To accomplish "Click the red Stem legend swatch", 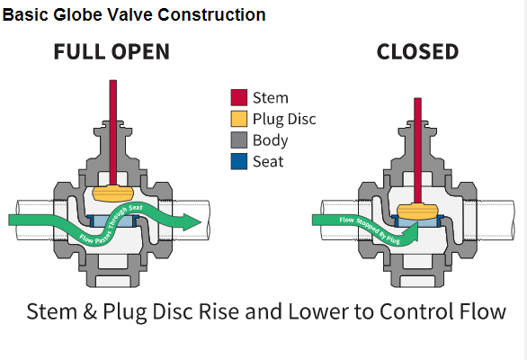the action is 239,97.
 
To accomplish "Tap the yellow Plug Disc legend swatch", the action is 239,119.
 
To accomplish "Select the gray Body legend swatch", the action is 239,140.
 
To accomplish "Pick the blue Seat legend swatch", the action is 239,161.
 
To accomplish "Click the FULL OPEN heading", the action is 112,52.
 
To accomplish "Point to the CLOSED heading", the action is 417,52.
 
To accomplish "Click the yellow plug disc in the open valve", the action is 113,193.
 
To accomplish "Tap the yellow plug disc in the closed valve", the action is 418,211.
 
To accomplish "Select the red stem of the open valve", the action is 113,133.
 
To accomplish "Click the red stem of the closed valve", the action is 418,150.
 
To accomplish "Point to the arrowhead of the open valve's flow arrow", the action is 192,221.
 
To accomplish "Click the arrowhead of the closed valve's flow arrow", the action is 412,232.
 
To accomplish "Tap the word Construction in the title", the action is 211,14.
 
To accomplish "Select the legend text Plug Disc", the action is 284,119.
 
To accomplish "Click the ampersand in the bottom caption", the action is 90,311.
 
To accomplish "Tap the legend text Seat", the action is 268,161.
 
